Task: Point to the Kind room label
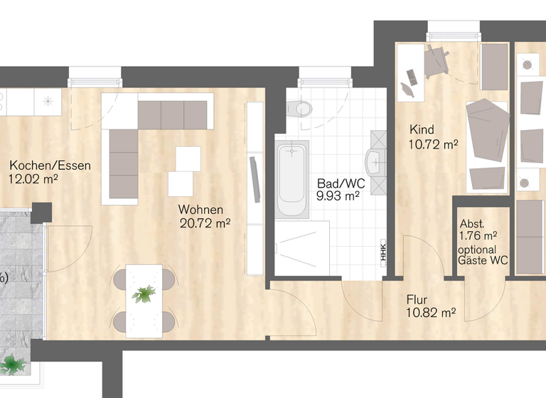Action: [x=422, y=130]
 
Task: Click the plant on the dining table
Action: [x=146, y=293]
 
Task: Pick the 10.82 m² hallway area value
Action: [x=430, y=313]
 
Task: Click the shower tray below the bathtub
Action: [x=302, y=247]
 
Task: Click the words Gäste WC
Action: [x=483, y=261]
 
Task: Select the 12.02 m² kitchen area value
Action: [x=33, y=180]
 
